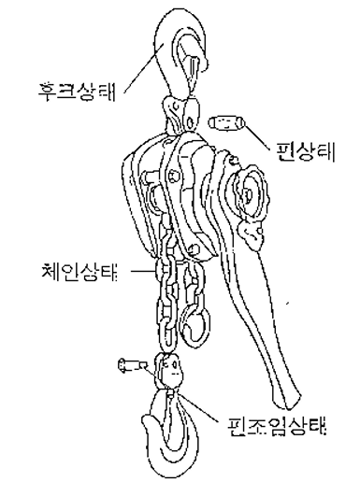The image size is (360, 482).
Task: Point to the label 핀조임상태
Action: pyautogui.click(x=279, y=430)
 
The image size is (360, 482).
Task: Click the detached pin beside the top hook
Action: pyautogui.click(x=228, y=123)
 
